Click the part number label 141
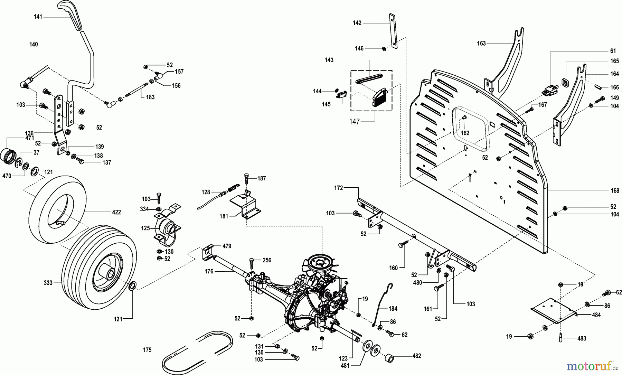tap(38, 17)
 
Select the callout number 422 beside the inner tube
tap(116, 212)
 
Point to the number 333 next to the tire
tap(48, 283)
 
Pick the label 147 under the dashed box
tap(355, 121)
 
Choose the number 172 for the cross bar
tap(338, 188)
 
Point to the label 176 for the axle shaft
tap(209, 272)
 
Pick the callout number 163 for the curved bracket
tap(481, 43)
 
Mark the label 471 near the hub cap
tap(29, 138)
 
